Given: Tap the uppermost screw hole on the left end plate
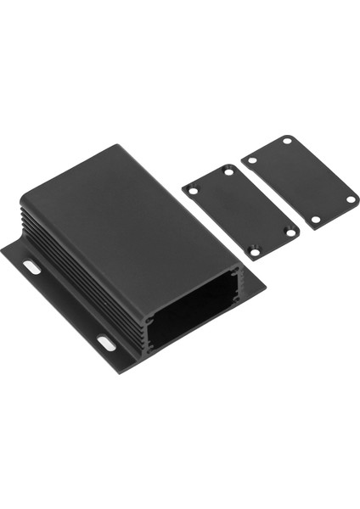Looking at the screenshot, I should click(228, 171).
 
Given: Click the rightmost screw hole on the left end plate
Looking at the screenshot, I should click(290, 230).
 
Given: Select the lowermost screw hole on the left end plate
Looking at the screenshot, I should click(254, 251).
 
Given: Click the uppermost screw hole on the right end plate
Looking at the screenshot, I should click(287, 140).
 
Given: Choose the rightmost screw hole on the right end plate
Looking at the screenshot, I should click(350, 199).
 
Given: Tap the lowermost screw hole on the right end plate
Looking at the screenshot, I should click(315, 220).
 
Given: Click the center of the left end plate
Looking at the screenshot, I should click(241, 211).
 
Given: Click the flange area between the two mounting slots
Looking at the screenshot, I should click(68, 310).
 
